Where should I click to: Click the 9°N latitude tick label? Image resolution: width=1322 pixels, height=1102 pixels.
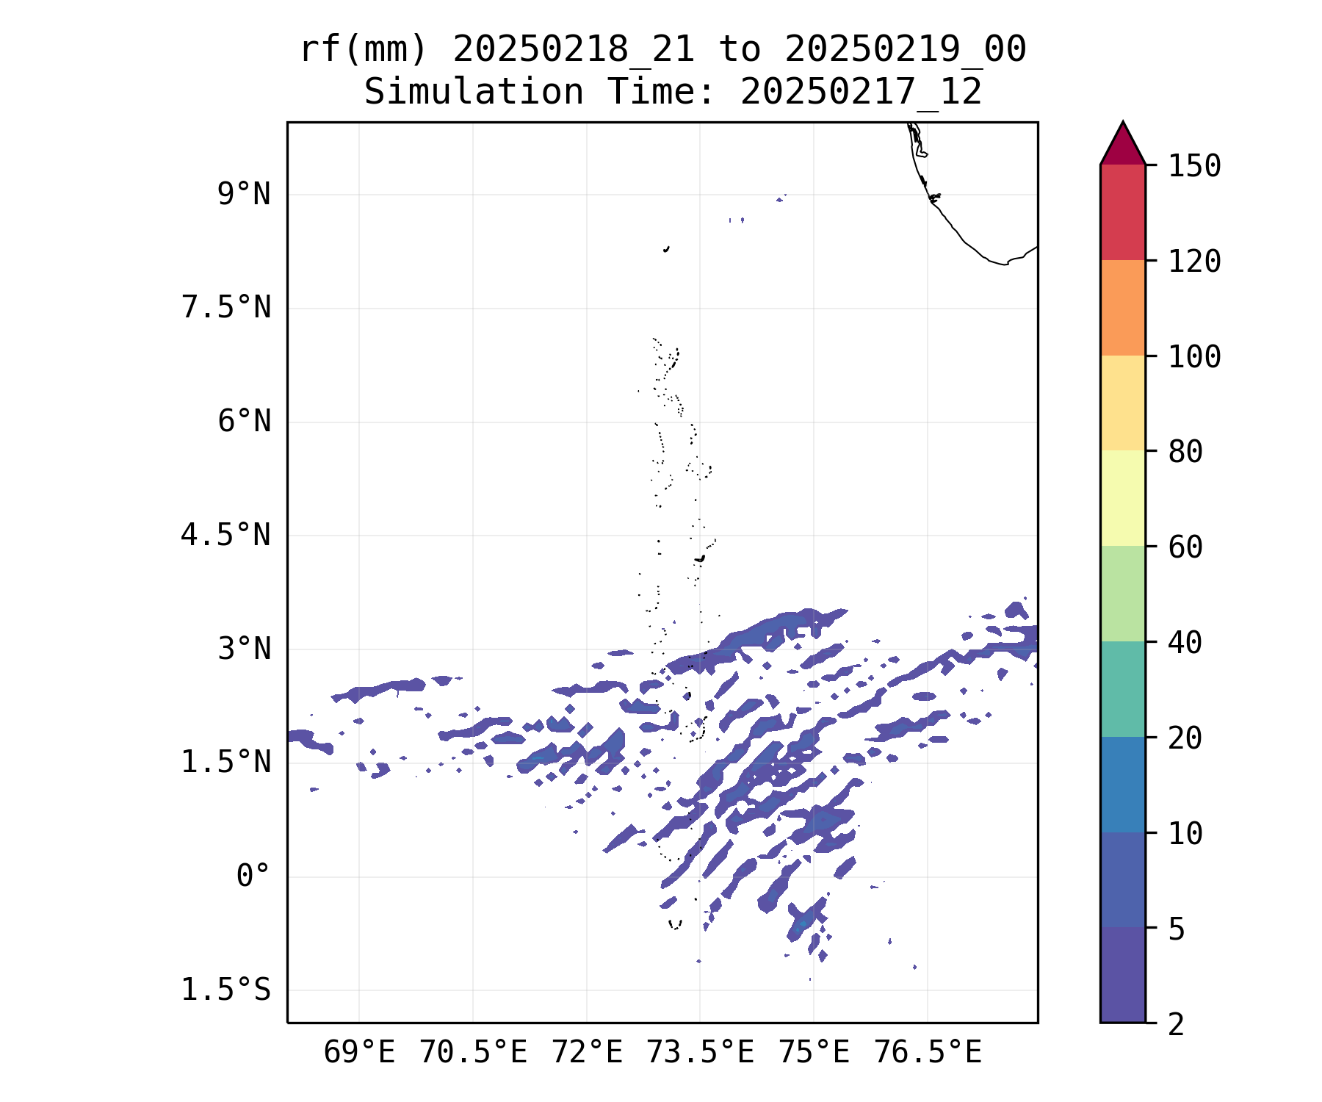(x=244, y=195)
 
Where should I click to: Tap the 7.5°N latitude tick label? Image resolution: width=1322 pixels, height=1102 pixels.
(x=226, y=308)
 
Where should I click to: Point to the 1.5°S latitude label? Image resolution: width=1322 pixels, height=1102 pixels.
(x=226, y=990)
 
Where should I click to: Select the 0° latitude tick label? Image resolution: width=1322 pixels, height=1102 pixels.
(x=253, y=876)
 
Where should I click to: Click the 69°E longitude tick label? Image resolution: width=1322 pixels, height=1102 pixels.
(x=359, y=1053)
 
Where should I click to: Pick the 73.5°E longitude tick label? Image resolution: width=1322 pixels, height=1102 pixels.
(x=700, y=1053)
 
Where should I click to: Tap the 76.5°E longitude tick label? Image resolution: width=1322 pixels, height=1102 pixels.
(x=928, y=1053)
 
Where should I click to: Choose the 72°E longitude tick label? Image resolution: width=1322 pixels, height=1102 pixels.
(x=587, y=1053)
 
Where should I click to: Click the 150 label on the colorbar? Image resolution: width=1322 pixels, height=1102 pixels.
(x=1194, y=166)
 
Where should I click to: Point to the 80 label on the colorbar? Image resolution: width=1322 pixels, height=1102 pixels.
(x=1185, y=452)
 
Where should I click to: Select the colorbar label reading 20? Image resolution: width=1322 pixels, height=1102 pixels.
(x=1185, y=738)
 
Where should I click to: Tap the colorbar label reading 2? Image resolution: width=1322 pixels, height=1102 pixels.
(x=1177, y=1024)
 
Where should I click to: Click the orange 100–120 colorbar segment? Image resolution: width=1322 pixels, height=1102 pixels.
(x=1122, y=308)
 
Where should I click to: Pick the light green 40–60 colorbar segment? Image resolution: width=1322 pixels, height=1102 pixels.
(x=1122, y=594)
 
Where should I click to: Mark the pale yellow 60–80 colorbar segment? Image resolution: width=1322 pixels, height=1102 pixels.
(x=1122, y=498)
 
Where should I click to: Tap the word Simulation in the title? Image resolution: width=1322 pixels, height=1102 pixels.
(x=474, y=93)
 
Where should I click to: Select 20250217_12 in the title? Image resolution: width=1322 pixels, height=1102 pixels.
(x=861, y=93)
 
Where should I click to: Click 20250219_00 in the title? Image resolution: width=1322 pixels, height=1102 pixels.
(x=905, y=50)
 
